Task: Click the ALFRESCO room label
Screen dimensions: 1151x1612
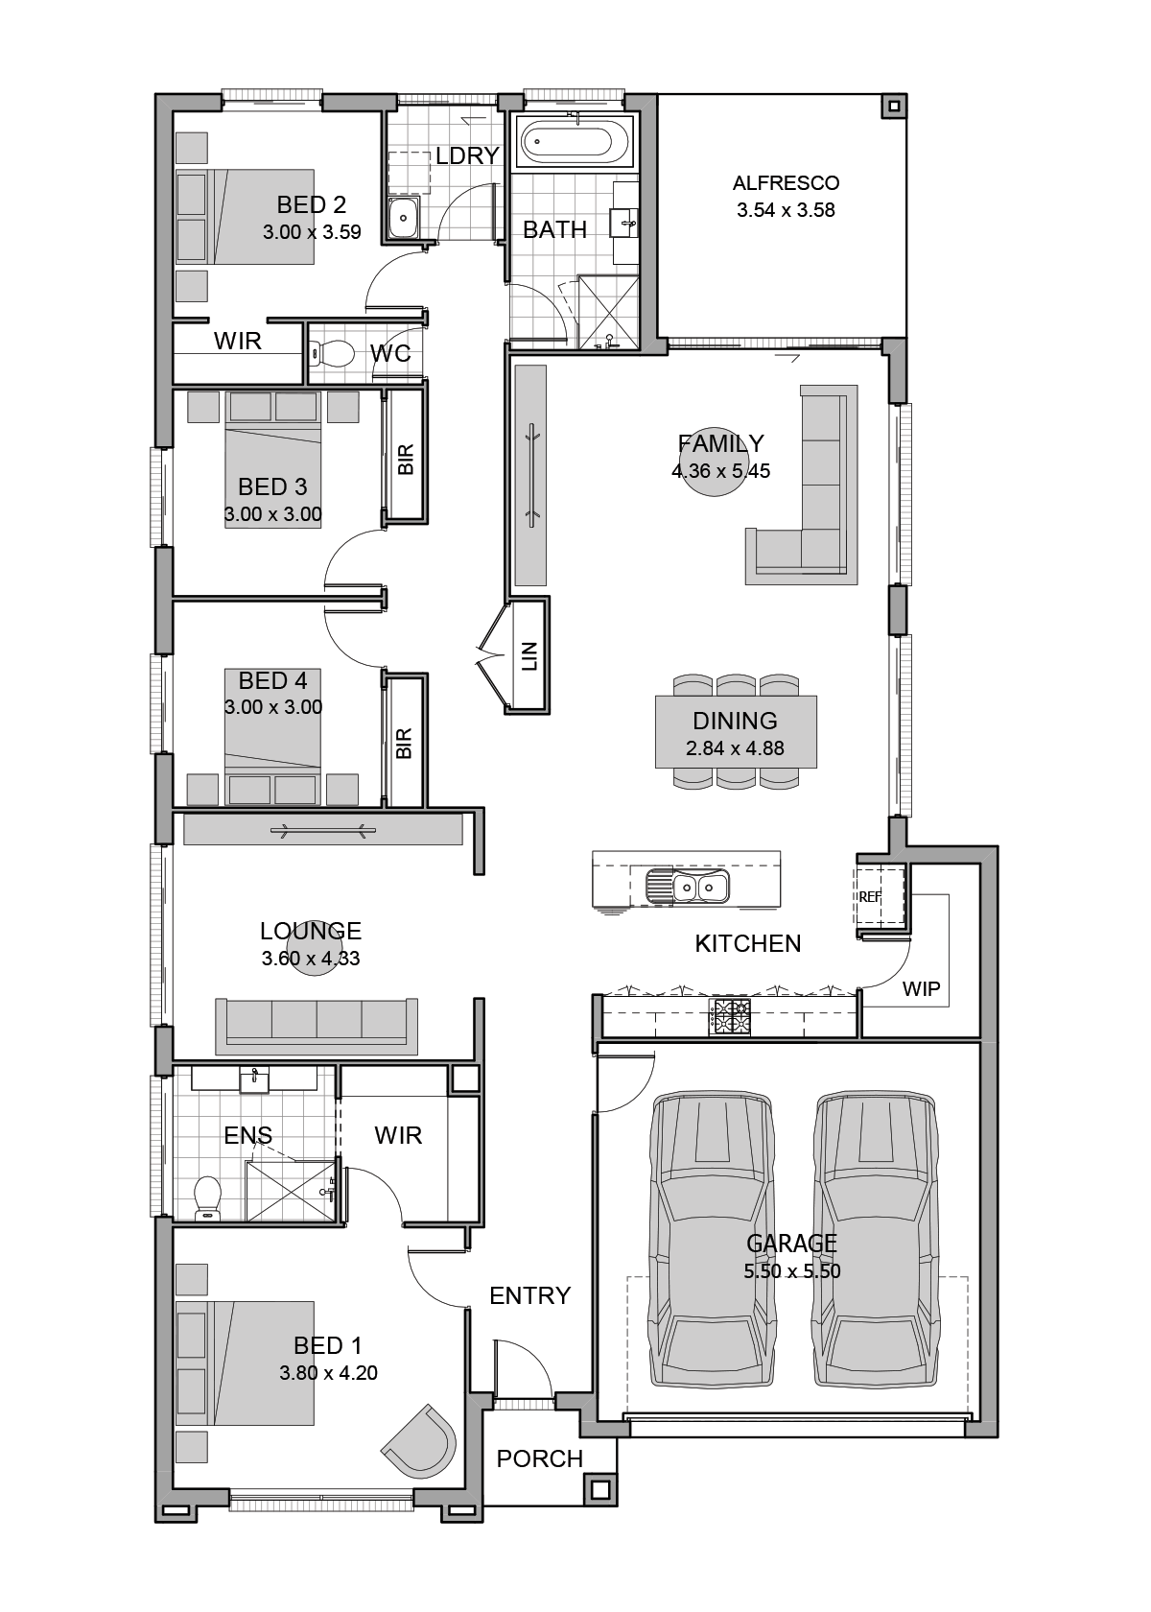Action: tap(786, 183)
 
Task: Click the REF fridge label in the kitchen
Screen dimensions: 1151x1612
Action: tap(870, 896)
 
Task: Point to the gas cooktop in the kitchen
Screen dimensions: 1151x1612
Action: tap(729, 1017)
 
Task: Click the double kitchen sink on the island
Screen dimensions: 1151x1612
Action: tap(687, 886)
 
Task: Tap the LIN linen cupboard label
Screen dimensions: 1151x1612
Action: tap(529, 655)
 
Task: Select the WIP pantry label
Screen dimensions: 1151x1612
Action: tap(921, 988)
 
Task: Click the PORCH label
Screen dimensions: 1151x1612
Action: tap(539, 1458)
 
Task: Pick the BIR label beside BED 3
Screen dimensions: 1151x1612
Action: tap(406, 459)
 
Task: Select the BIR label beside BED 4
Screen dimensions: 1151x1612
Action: tap(405, 744)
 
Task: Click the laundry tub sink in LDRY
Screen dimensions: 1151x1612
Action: tap(404, 217)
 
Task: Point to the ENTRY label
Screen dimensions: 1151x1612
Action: tap(529, 1295)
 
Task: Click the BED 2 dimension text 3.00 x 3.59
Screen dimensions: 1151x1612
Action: tap(312, 232)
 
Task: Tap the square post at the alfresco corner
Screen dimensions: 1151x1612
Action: tap(894, 106)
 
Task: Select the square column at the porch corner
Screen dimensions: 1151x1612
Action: tap(599, 1488)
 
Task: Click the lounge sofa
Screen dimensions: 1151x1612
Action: tap(317, 1027)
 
